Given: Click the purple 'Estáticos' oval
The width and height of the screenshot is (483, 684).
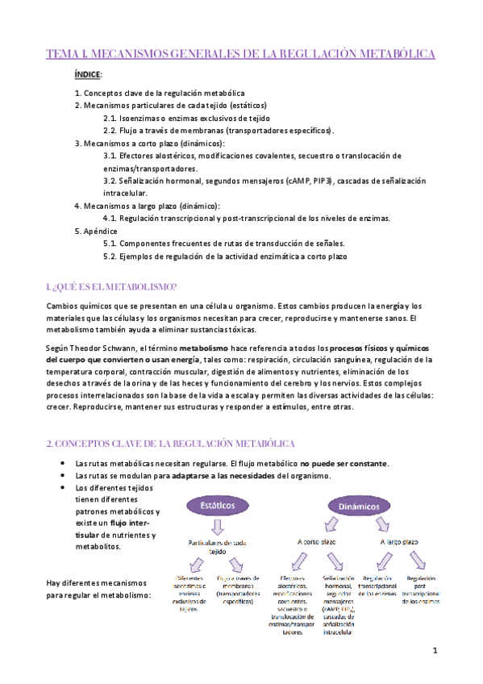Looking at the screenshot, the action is (213, 505).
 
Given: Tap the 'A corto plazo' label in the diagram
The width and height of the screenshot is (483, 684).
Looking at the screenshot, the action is (318, 543).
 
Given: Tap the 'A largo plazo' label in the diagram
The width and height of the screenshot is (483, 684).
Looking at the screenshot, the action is (398, 543).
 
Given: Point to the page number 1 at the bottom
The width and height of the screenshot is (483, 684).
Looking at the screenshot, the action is (435, 650).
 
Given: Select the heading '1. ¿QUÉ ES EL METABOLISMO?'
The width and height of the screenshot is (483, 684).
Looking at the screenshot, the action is (112, 288).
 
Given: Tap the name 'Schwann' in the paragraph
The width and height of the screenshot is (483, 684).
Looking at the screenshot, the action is (119, 347).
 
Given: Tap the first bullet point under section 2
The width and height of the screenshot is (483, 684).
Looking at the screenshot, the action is (63, 463).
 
